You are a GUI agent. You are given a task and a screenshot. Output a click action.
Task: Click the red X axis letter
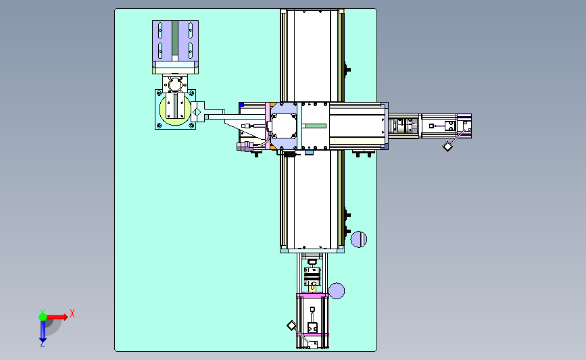click(x=72, y=313)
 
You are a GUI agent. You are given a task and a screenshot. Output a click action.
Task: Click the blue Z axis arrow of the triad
click(x=43, y=331)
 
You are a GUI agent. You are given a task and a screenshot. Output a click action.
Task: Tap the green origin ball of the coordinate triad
click(x=43, y=317)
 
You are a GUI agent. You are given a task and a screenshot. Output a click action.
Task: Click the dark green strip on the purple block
click(x=175, y=38)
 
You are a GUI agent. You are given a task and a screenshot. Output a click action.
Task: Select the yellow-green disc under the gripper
click(x=175, y=110)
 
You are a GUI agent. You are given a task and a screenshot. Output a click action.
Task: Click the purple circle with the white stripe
click(x=359, y=239)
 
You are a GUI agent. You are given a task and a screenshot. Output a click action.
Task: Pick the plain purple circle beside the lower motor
click(x=337, y=291)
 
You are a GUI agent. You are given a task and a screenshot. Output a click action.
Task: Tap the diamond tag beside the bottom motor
click(x=291, y=326)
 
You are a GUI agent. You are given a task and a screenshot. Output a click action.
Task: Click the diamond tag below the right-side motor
click(x=447, y=147)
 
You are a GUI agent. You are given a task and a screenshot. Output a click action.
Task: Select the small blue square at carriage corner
click(x=241, y=105)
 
